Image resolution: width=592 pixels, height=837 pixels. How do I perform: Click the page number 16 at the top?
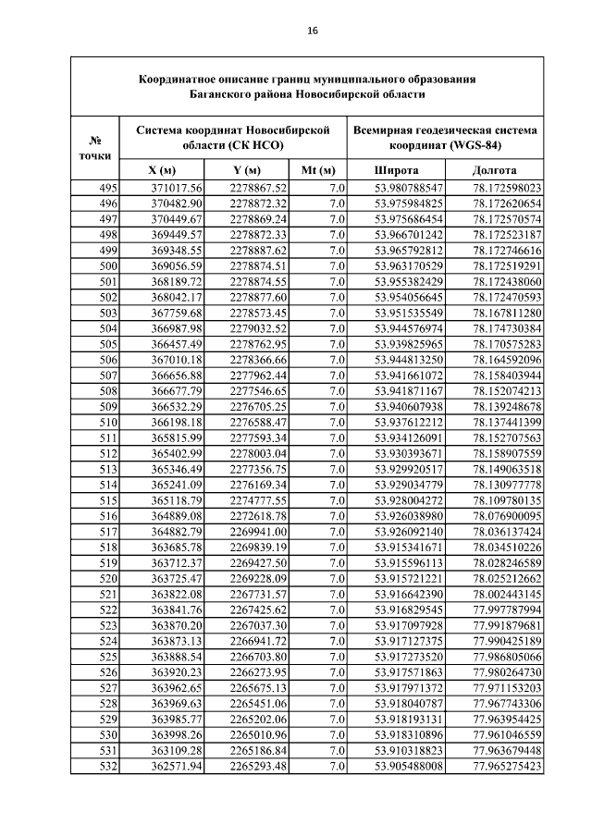tap(312, 31)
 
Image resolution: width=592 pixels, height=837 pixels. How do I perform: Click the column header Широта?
tap(396, 170)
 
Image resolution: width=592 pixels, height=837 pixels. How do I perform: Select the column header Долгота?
tap(494, 170)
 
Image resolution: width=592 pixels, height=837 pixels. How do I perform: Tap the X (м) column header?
tap(162, 170)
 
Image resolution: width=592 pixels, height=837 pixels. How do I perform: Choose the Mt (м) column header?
tap(317, 170)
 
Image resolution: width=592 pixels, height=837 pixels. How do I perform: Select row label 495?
tap(107, 188)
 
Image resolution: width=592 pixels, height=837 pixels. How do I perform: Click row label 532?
tap(107, 767)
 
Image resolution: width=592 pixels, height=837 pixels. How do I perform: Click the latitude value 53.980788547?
tap(409, 188)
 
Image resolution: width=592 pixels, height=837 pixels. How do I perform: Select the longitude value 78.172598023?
tap(506, 188)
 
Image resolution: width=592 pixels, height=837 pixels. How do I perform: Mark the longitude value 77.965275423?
tap(506, 767)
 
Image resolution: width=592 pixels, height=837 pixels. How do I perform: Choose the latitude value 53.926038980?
tap(409, 516)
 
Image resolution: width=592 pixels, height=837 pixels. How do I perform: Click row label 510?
tap(107, 423)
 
